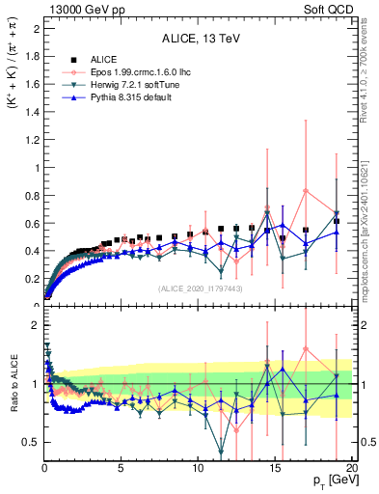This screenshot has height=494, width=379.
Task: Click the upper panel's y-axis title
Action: tap(14, 76)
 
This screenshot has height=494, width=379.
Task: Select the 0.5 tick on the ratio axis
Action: tap(32, 442)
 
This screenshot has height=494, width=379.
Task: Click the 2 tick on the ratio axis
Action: tap(36, 325)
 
